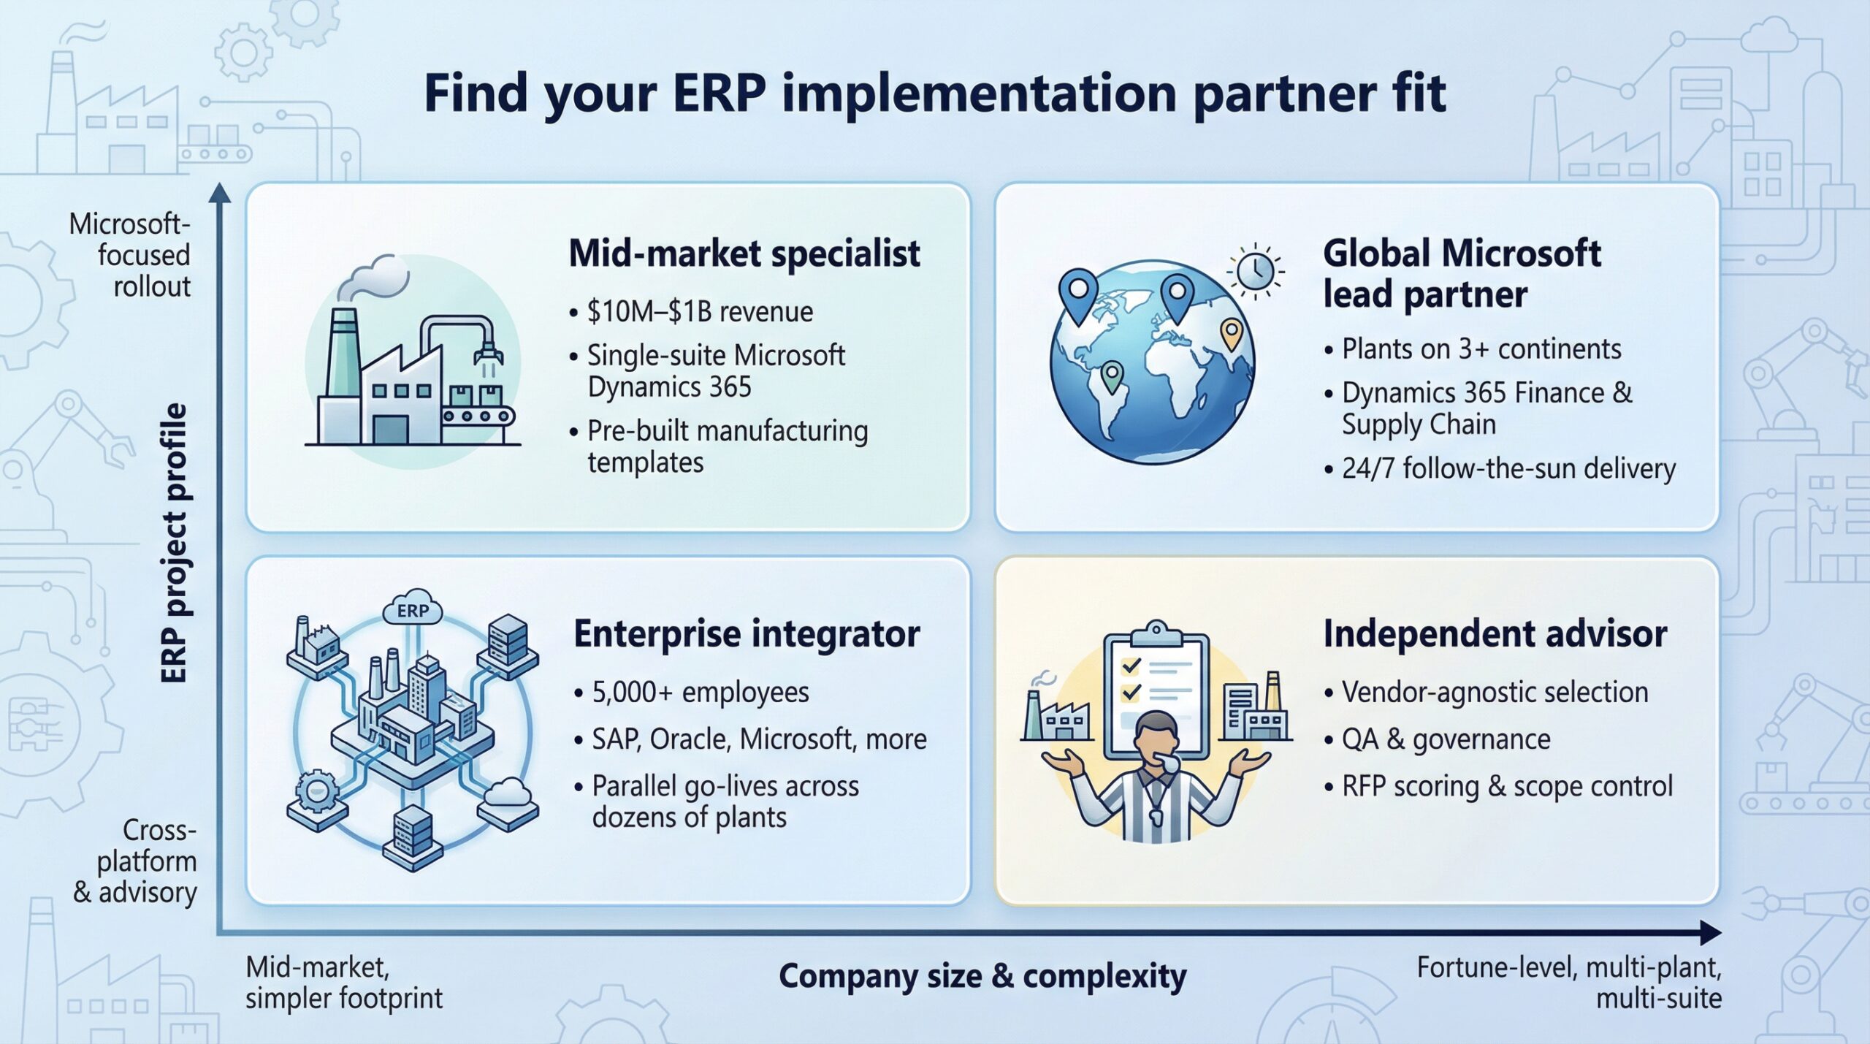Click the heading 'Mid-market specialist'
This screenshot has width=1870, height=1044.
(x=744, y=254)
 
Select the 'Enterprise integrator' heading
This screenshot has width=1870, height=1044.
(x=746, y=633)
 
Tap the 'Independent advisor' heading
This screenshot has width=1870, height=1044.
(x=1495, y=633)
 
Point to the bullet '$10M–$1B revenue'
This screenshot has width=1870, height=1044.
(x=699, y=312)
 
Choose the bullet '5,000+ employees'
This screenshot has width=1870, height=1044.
(x=700, y=692)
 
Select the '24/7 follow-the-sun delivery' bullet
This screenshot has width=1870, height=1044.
(x=1508, y=468)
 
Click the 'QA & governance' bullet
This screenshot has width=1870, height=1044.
(x=1446, y=739)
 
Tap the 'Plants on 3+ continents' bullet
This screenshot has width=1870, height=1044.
(x=1481, y=349)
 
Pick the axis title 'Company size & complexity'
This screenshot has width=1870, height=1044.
(x=982, y=976)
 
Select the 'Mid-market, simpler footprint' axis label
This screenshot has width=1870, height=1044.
(x=343, y=983)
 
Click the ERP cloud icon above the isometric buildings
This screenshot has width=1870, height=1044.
(x=413, y=611)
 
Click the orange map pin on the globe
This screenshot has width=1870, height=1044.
(x=1231, y=334)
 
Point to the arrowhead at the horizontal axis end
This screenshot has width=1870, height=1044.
(x=1711, y=933)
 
